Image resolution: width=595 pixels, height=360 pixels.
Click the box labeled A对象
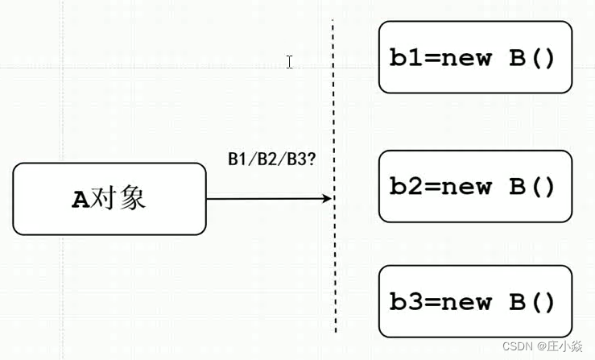(109, 199)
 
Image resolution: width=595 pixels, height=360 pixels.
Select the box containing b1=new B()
(475, 57)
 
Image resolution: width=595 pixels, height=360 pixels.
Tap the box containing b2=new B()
(475, 186)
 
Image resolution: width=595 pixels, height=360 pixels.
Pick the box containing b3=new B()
(475, 302)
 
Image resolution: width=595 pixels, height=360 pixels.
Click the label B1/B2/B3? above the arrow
(271, 159)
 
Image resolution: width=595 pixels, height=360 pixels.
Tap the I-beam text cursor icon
(289, 62)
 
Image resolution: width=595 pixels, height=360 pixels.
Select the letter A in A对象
(81, 200)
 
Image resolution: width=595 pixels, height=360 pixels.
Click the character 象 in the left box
(132, 199)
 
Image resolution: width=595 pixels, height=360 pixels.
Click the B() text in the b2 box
(532, 187)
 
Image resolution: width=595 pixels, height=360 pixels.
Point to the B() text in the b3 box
(532, 303)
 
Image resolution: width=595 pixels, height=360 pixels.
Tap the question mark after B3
(311, 159)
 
